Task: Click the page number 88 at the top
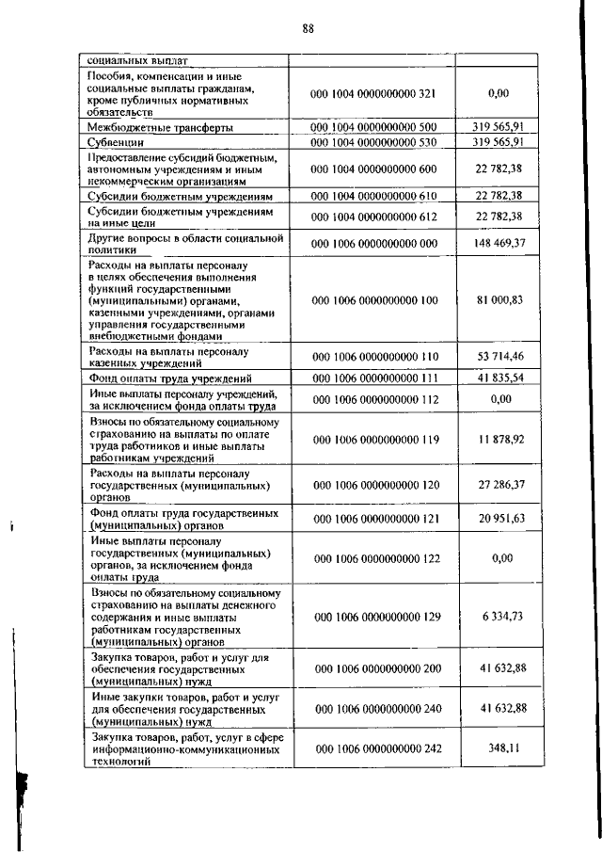point(308,28)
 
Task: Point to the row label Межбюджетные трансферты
point(161,126)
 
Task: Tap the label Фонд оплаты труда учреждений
point(179,378)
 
